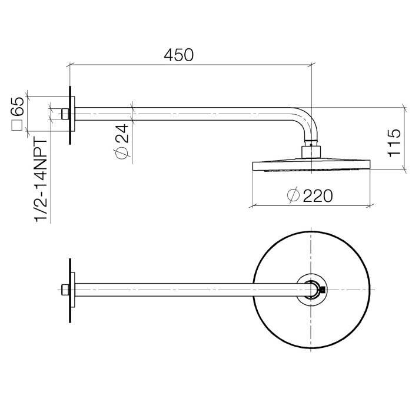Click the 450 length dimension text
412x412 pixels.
pyautogui.click(x=178, y=55)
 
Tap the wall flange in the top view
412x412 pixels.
pyautogui.click(x=72, y=289)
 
